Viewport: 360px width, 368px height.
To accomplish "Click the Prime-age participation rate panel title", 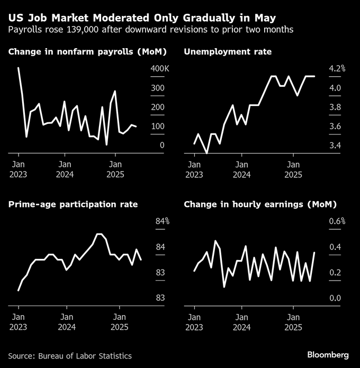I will tap(73, 204).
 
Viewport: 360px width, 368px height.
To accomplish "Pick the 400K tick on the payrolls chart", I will tap(159, 69).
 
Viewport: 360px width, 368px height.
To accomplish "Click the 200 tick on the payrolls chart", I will tap(157, 107).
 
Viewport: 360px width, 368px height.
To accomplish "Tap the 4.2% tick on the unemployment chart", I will tap(337, 69).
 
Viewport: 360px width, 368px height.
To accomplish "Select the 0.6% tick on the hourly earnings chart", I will tap(337, 221).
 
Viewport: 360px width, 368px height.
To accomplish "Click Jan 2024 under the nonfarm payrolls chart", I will tap(65, 169).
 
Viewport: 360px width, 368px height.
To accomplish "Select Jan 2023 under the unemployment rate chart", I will tap(194, 169).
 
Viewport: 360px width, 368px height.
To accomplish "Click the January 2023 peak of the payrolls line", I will tap(19, 68).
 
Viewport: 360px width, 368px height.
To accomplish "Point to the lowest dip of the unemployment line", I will tap(207, 153).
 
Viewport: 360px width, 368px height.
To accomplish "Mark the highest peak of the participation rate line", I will tap(99, 234).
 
